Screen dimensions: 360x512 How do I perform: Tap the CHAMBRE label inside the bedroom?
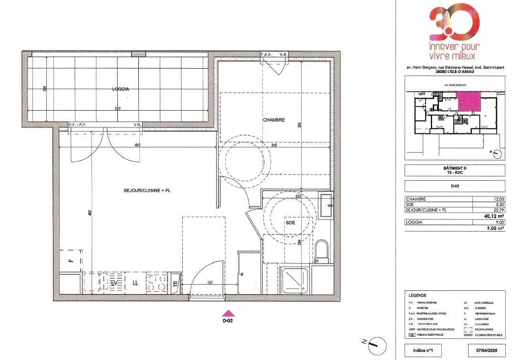(273, 120)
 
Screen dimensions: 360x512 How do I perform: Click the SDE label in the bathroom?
(290, 223)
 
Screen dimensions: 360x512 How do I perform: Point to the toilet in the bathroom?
(322, 251)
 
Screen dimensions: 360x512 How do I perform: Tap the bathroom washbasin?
(326, 206)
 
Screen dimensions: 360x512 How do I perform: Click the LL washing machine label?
(135, 283)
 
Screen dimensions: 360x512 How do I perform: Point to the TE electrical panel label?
(175, 283)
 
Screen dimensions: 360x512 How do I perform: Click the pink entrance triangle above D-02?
(229, 313)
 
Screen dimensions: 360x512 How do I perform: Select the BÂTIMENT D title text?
(454, 168)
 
